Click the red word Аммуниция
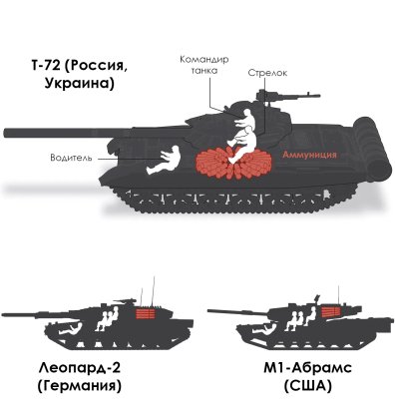pyautogui.click(x=309, y=155)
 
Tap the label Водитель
pyautogui.click(x=71, y=158)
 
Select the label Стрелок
pyautogui.click(x=267, y=73)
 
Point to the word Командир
pyautogui.click(x=204, y=60)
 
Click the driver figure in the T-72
pyautogui.click(x=165, y=161)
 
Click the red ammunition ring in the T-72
pyautogui.click(x=233, y=163)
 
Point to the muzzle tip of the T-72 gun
pyautogui.click(x=4, y=133)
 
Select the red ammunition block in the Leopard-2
pyautogui.click(x=146, y=313)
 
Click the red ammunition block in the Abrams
pyautogui.click(x=331, y=311)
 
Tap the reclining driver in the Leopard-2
pyautogui.click(x=70, y=329)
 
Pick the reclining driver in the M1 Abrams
pyautogui.click(x=265, y=329)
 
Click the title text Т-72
pyautogui.click(x=44, y=66)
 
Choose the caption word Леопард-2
pyautogui.click(x=80, y=369)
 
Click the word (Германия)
pyautogui.click(x=80, y=386)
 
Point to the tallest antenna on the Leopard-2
pyautogui.click(x=154, y=290)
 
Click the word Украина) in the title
pyautogui.click(x=79, y=83)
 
